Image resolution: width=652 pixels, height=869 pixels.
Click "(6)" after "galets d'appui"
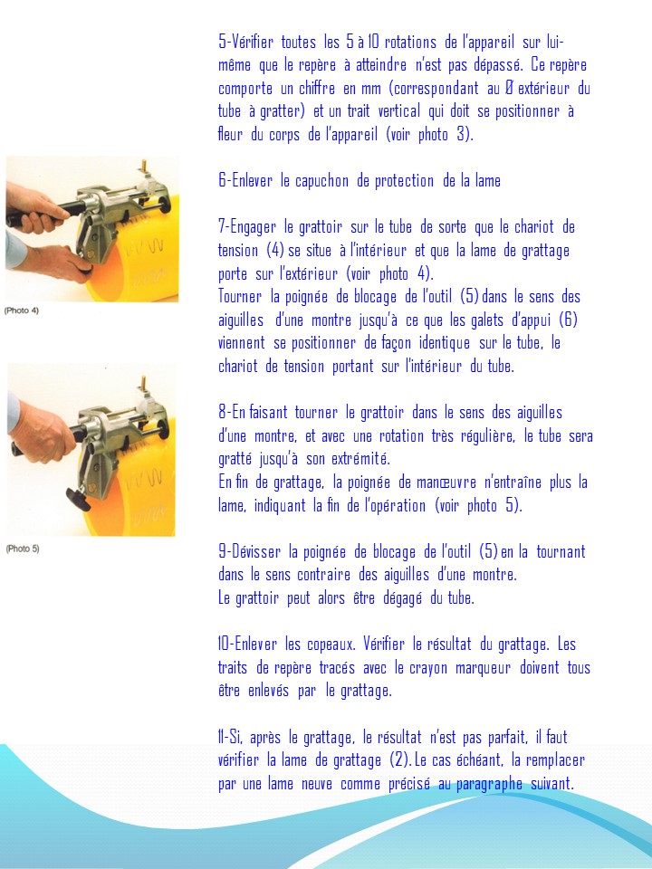pos(566,320)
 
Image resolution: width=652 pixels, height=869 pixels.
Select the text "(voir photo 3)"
pos(429,135)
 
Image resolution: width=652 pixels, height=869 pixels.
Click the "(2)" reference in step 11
pos(397,760)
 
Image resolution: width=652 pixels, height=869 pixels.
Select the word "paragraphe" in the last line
pos(490,784)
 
